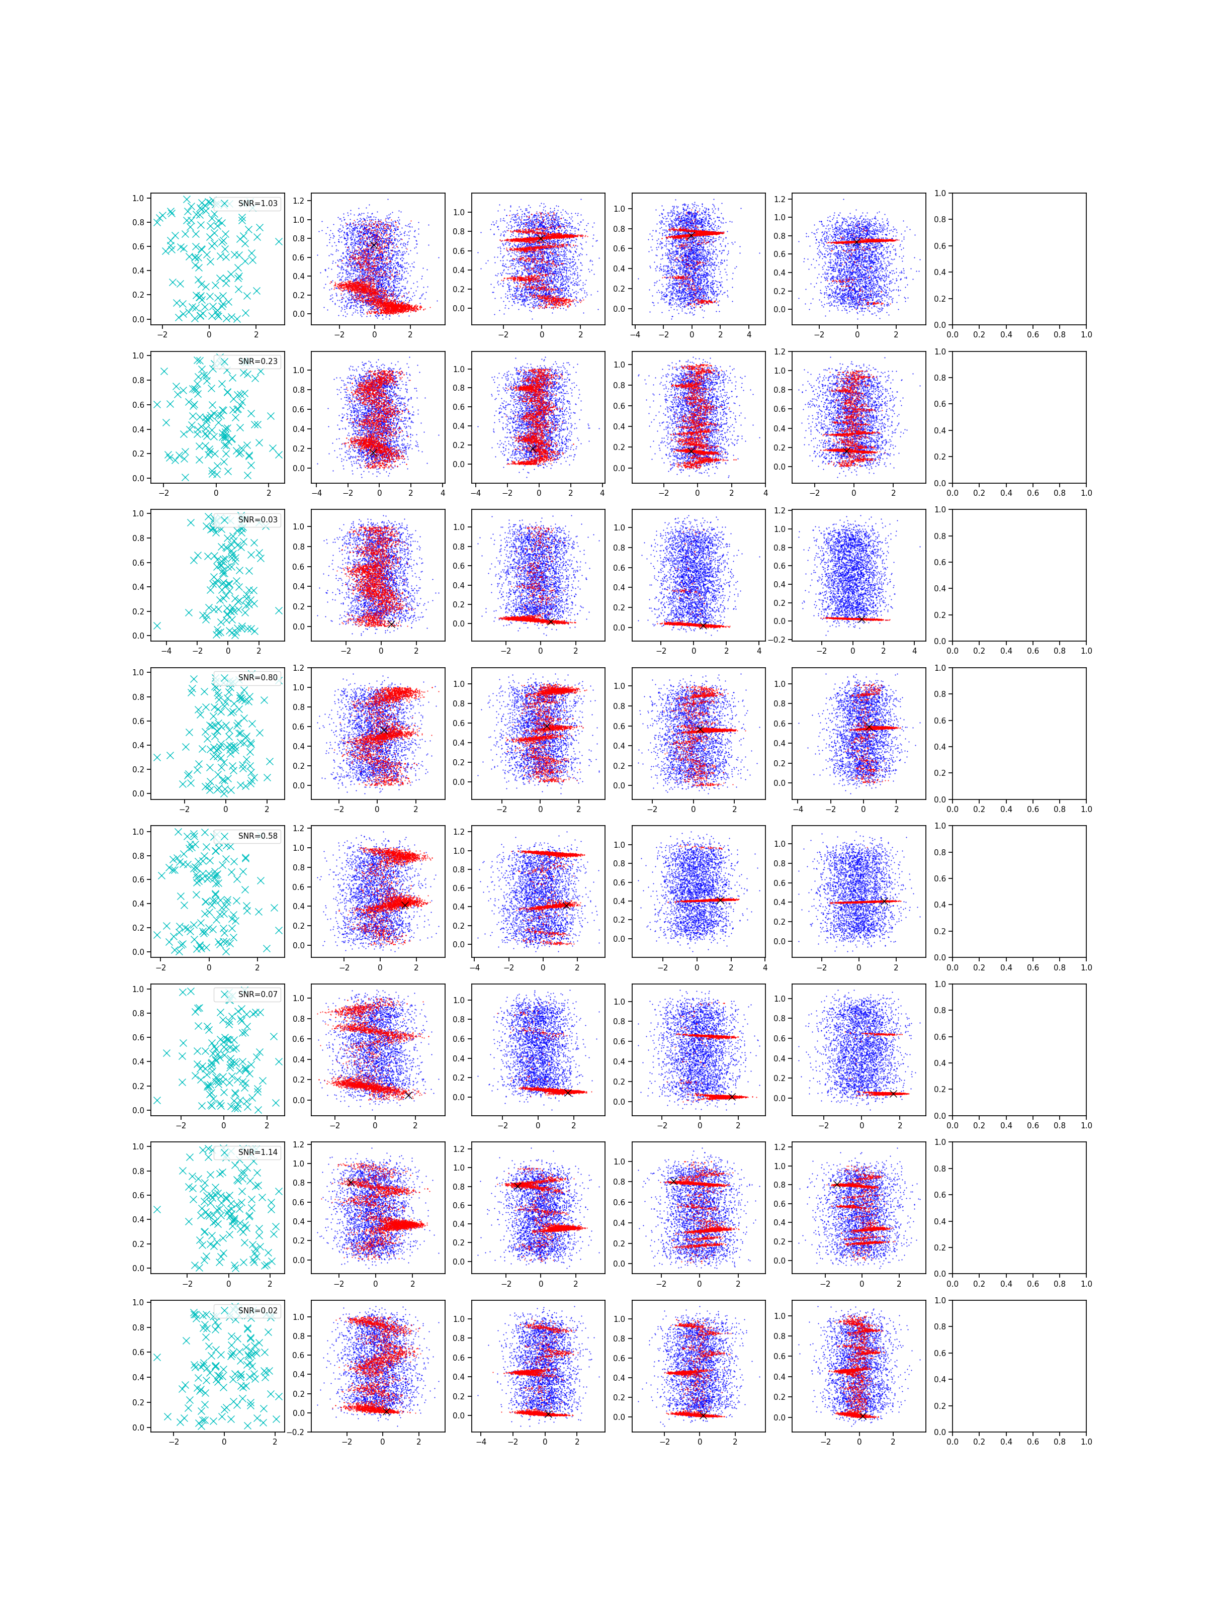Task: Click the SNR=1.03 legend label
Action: (x=257, y=204)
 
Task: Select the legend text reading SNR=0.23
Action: (x=257, y=362)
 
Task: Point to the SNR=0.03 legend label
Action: (x=257, y=519)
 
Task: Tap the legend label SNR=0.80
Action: (x=257, y=678)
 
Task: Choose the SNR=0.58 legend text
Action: (x=257, y=836)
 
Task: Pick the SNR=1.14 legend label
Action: (x=257, y=1152)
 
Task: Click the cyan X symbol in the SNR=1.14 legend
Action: (x=225, y=1152)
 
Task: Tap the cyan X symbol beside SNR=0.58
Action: (x=225, y=836)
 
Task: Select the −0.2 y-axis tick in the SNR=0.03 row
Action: (x=779, y=640)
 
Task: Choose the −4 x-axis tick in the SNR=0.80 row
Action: (x=798, y=810)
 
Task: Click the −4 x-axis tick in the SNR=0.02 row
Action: (x=481, y=1442)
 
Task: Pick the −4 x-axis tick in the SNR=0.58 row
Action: (x=474, y=968)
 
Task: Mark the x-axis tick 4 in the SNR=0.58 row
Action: (x=764, y=968)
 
